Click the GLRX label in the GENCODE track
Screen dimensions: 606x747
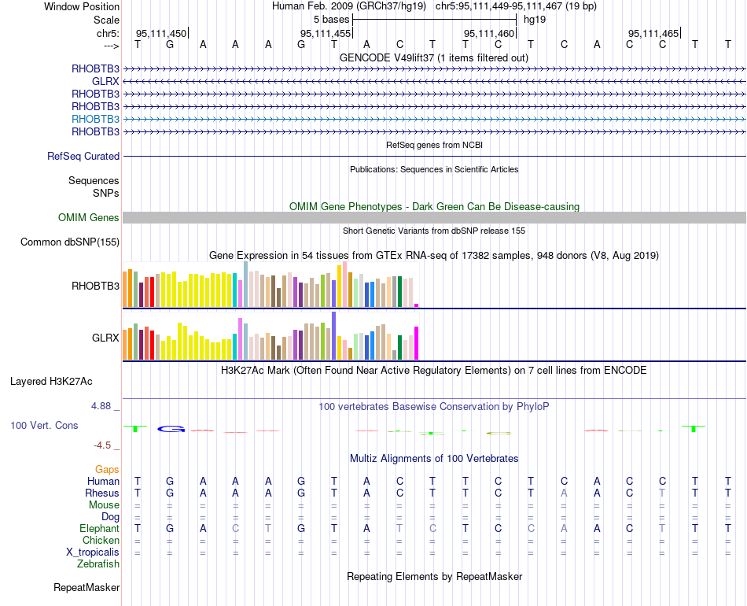[x=105, y=81]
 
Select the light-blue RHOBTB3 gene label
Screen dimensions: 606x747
[x=95, y=119]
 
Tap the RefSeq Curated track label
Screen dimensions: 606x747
[x=83, y=157]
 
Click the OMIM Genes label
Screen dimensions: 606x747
[x=89, y=218]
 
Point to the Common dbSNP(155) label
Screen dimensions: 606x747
[x=70, y=242]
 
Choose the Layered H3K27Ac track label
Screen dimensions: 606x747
[x=51, y=382]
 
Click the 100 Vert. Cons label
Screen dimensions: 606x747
[x=44, y=426]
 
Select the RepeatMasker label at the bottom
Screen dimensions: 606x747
[x=86, y=588]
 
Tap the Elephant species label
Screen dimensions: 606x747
[x=99, y=529]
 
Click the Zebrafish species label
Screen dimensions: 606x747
[x=98, y=564]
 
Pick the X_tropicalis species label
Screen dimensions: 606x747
[x=93, y=552]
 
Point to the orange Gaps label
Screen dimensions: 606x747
[x=107, y=470]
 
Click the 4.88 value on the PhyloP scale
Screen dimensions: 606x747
[x=101, y=406]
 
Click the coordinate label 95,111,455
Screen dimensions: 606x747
[x=326, y=34]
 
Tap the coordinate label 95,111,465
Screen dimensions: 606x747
[x=653, y=34]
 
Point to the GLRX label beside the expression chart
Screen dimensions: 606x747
[x=105, y=338]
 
